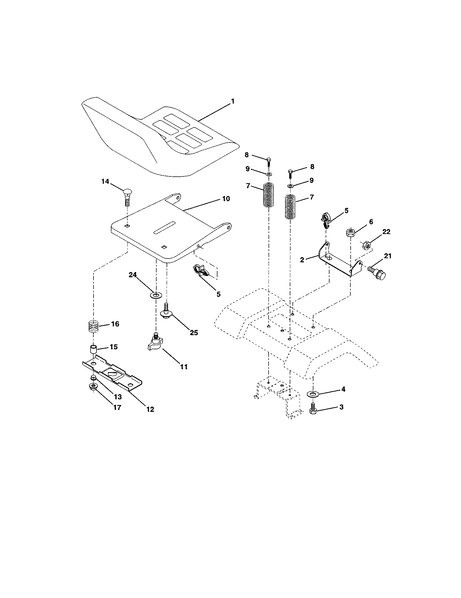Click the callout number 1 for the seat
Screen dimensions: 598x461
232,101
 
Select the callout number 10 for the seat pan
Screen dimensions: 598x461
226,199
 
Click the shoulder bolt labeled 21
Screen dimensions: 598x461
378,272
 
